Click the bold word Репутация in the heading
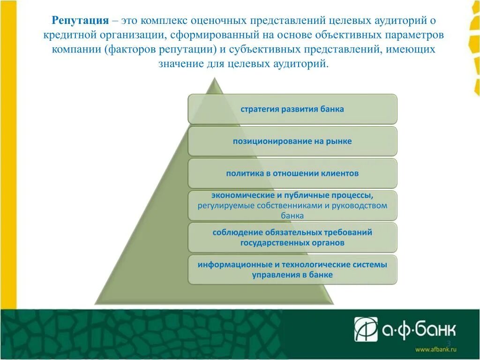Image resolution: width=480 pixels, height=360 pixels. click(x=80, y=21)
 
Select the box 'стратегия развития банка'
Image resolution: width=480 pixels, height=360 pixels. click(x=292, y=109)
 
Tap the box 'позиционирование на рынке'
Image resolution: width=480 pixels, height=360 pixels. click(x=292, y=141)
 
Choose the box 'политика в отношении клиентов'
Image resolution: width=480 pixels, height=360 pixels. click(x=292, y=173)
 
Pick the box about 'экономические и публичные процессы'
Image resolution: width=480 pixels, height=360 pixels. click(x=292, y=205)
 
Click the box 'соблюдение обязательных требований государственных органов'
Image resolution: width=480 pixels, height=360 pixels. click(x=292, y=237)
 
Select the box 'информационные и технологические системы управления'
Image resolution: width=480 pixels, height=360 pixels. click(x=292, y=270)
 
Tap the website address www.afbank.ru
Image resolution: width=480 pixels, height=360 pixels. click(x=435, y=350)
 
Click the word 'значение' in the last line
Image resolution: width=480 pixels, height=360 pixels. click(x=179, y=63)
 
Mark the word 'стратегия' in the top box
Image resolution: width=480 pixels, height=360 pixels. click(x=259, y=109)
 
